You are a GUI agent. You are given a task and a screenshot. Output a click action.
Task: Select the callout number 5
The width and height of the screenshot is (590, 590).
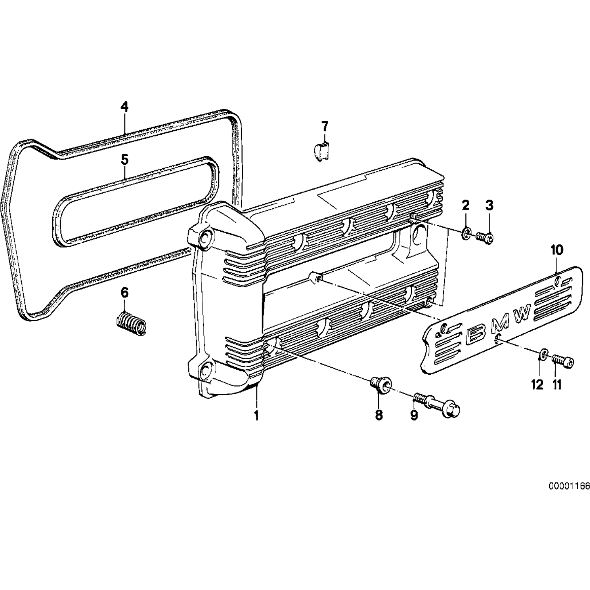point(124,159)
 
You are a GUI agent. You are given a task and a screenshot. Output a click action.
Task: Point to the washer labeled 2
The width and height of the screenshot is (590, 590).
point(465,234)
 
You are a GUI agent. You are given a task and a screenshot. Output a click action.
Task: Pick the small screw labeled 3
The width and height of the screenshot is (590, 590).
point(485,237)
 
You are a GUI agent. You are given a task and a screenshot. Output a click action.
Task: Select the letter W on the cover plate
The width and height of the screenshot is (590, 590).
point(522,314)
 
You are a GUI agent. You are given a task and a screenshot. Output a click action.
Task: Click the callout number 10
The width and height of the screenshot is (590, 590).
point(557,250)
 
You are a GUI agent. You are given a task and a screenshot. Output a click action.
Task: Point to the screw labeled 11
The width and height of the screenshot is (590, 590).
point(563,361)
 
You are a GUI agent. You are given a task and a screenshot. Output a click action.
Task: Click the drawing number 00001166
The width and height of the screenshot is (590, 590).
point(569,487)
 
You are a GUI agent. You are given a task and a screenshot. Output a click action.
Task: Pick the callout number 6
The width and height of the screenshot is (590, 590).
point(124,293)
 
